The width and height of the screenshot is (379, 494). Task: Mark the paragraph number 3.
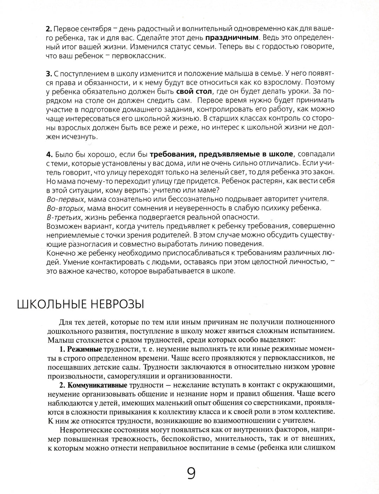(x=48, y=74)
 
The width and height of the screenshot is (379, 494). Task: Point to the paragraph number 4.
(x=48, y=153)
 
